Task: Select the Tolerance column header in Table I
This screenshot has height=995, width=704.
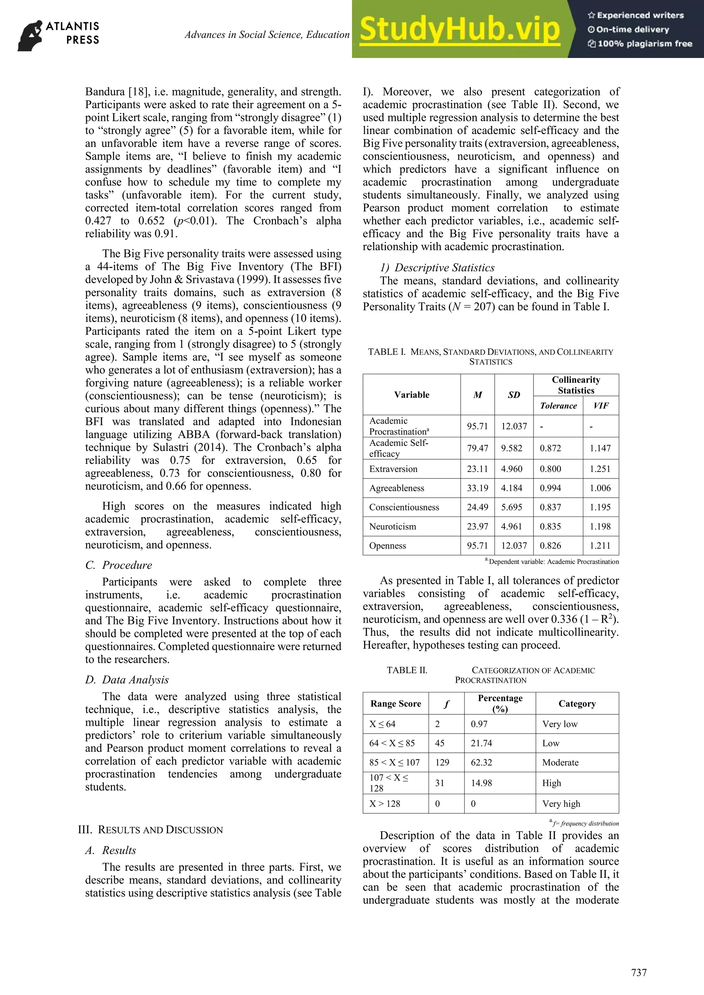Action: tap(558, 406)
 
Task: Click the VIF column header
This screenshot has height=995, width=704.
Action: tap(601, 406)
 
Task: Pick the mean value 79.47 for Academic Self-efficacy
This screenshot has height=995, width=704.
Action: tap(477, 448)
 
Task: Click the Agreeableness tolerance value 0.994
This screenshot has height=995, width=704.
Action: tap(550, 488)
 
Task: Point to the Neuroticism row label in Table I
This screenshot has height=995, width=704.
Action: tap(392, 527)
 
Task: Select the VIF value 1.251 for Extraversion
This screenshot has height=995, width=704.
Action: tap(600, 469)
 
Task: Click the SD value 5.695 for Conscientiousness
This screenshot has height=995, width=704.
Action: tap(511, 507)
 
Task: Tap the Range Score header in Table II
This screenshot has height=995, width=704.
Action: tap(396, 704)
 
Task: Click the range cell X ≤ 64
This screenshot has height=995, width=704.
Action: tap(382, 724)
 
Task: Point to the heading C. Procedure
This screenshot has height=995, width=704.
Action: tap(119, 565)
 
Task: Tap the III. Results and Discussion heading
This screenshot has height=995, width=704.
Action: tap(150, 830)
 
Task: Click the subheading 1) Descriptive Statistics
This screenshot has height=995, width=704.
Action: tap(437, 268)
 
